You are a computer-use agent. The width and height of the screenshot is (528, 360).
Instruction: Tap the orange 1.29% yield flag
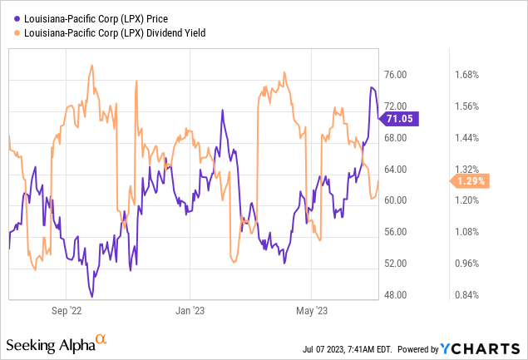(x=471, y=180)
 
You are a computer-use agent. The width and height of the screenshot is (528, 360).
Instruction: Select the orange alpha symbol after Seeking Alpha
(x=101, y=339)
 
